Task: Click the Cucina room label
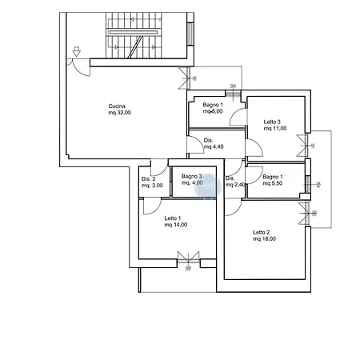click(x=117, y=106)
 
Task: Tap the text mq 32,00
click(x=119, y=113)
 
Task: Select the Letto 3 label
click(x=272, y=122)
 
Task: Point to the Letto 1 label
click(x=173, y=218)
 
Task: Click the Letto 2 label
click(x=262, y=232)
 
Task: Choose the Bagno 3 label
click(x=192, y=176)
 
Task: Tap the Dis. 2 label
click(x=149, y=179)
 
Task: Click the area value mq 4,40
click(x=214, y=146)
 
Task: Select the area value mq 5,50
click(x=273, y=183)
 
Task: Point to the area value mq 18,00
click(x=264, y=239)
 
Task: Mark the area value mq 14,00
click(x=176, y=225)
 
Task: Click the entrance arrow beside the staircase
click(x=77, y=51)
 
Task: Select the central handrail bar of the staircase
click(x=134, y=32)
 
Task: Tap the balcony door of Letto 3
click(x=302, y=146)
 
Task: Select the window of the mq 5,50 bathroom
click(x=307, y=184)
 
